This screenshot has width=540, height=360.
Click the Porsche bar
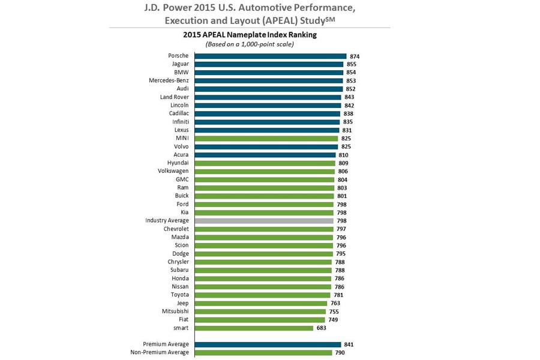270,56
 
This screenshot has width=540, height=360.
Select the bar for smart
254,328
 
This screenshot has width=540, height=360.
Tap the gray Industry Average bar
264,220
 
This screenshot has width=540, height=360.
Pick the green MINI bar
266,138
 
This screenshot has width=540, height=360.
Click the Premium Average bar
268,344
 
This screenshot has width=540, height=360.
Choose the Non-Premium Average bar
263,352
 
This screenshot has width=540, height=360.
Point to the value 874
355,56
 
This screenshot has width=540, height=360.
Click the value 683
322,328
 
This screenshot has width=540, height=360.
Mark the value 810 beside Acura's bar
343,155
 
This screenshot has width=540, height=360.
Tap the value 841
349,344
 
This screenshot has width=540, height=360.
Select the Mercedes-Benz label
169,80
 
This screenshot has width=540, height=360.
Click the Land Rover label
174,97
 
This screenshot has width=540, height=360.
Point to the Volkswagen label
173,171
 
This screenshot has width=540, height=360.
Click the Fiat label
183,319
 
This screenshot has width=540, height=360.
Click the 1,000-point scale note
250,44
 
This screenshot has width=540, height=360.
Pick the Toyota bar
262,295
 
